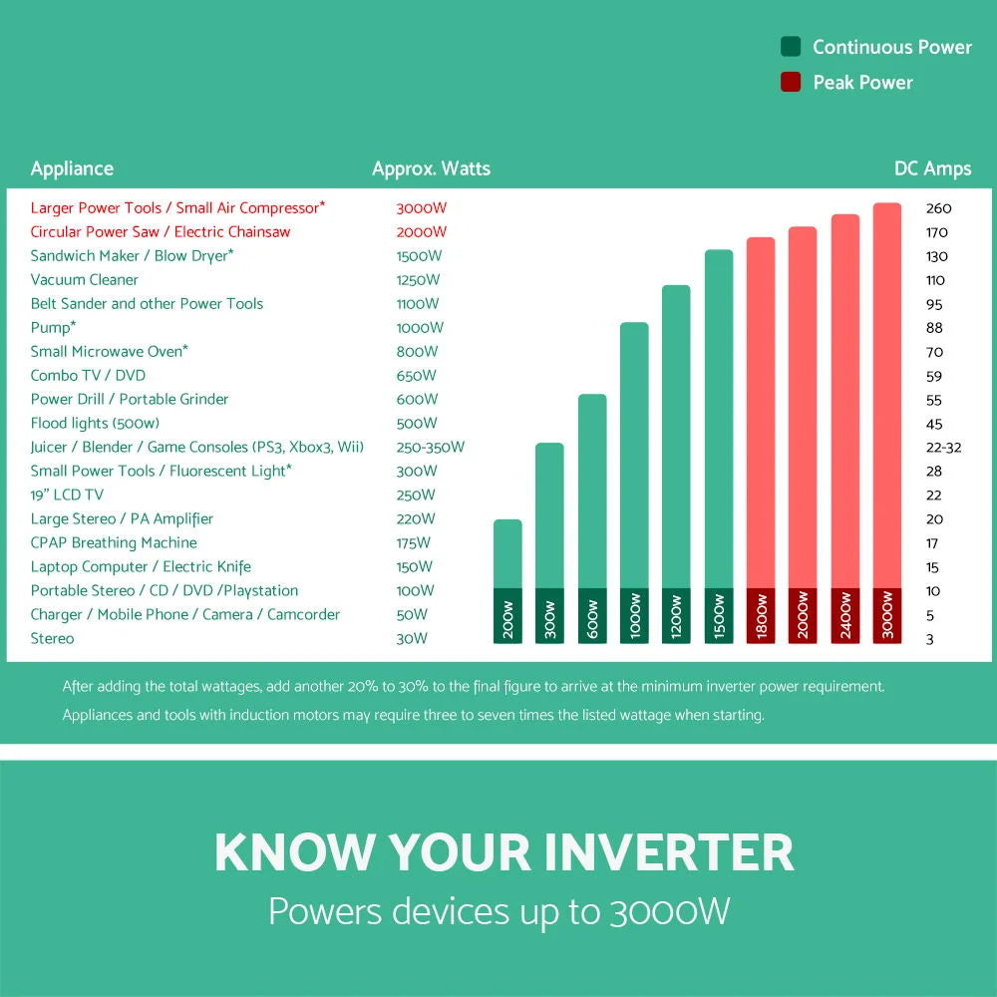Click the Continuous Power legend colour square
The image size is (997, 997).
(791, 47)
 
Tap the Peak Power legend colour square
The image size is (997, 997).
(791, 83)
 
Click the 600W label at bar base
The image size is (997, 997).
(592, 617)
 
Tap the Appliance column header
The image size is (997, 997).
(72, 168)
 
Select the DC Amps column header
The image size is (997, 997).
(932, 168)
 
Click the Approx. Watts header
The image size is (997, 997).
(431, 168)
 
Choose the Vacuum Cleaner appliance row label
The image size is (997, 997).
(85, 280)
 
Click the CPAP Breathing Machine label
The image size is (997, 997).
(114, 543)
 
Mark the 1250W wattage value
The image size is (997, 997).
(418, 280)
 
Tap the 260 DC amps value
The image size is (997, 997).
(938, 208)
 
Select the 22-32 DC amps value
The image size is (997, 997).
(943, 448)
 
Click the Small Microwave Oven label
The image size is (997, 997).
(109, 352)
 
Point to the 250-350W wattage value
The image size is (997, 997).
(430, 448)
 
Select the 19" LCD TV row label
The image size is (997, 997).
(67, 496)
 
